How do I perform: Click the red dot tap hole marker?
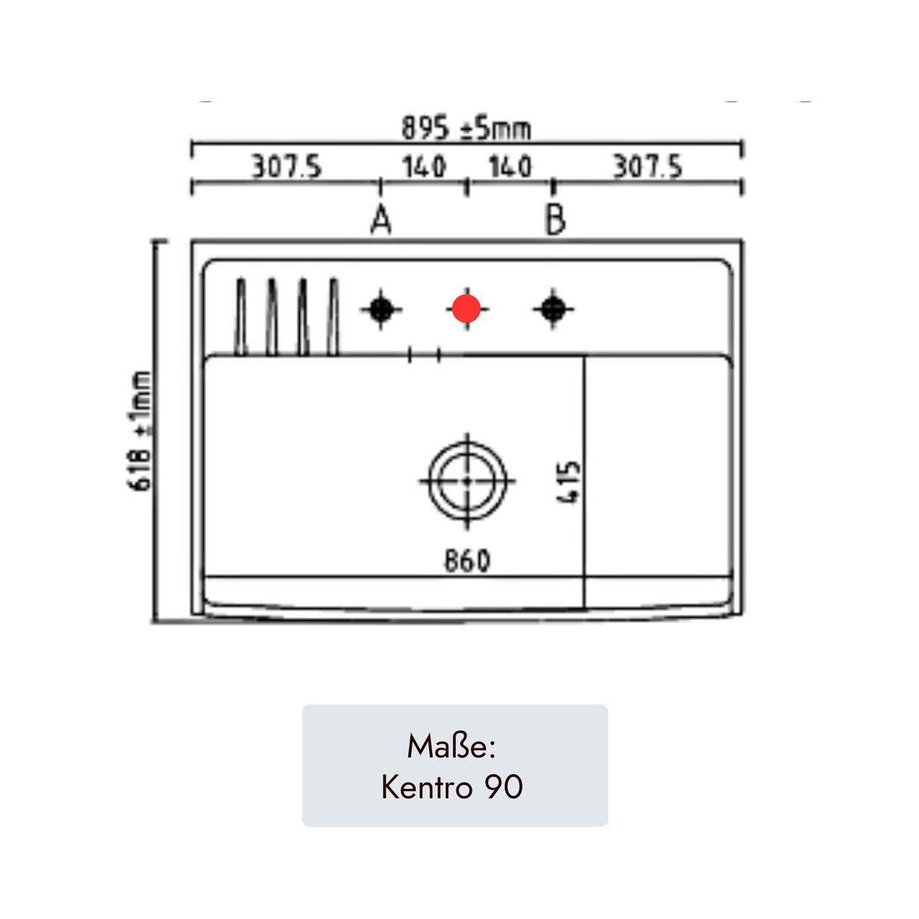point(466,309)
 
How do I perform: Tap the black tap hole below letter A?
point(381,309)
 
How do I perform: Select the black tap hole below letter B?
point(553,309)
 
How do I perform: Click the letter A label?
point(381,220)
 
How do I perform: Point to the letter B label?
point(555,220)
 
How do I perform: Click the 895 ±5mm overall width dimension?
point(466,128)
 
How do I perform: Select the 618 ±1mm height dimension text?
point(140,431)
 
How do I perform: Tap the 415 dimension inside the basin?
point(568,482)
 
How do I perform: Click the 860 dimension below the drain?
point(467,560)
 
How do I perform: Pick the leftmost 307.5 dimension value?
point(287,167)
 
